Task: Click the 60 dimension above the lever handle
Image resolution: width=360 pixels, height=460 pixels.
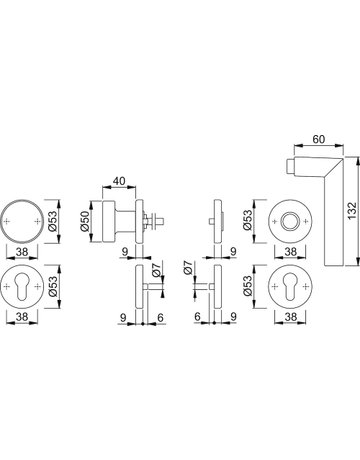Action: (x=319, y=139)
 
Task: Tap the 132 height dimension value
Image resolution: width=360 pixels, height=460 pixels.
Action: (x=352, y=210)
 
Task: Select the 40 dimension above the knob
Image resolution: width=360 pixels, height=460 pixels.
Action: (x=119, y=181)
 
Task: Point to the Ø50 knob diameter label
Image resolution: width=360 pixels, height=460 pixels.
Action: (x=84, y=221)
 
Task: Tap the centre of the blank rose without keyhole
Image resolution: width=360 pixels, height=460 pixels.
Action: (x=22, y=221)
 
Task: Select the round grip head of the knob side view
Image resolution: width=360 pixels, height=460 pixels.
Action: (x=108, y=221)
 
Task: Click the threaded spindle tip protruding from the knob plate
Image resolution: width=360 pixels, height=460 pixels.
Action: (x=161, y=221)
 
